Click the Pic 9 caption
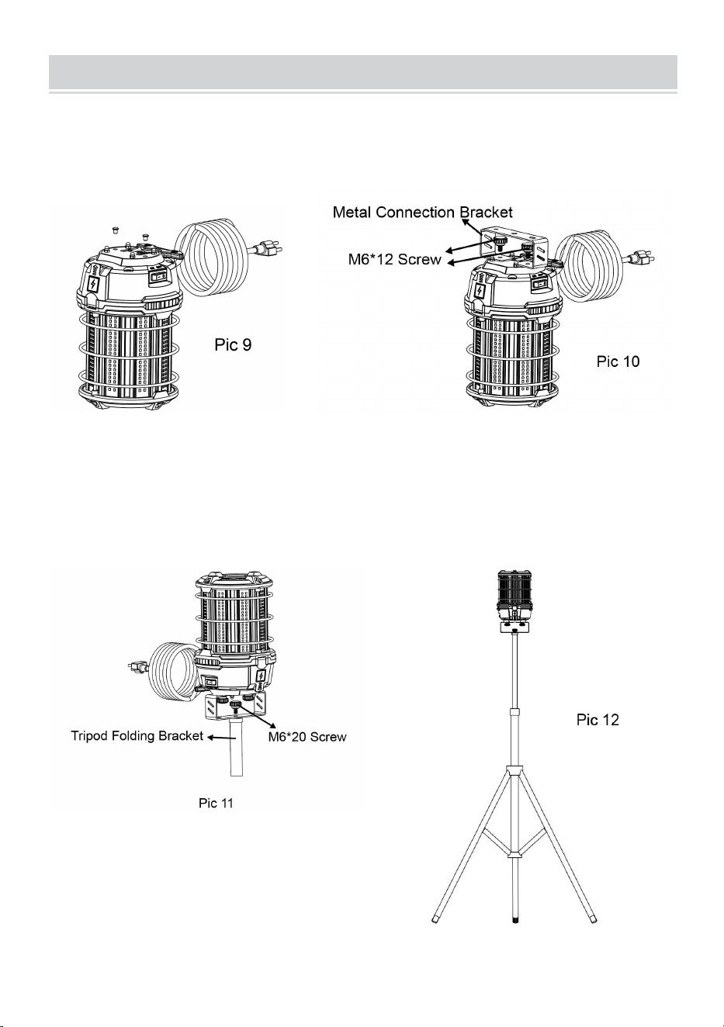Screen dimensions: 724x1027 (233, 344)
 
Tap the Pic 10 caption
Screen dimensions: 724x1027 (618, 361)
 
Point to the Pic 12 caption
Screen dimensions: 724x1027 (598, 719)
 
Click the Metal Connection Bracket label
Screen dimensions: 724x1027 (423, 213)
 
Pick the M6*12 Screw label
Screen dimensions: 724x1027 (394, 260)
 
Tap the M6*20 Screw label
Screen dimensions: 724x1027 (307, 737)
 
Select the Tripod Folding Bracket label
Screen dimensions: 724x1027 (137, 735)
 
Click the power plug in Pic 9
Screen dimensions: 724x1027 (265, 248)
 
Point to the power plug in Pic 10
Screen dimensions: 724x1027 (643, 258)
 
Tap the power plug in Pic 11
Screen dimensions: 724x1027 (139, 666)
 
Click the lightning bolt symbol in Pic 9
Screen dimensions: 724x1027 (94, 285)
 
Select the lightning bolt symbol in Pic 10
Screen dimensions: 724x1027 (480, 291)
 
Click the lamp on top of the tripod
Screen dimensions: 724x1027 (515, 600)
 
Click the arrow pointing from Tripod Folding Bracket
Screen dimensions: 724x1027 (220, 738)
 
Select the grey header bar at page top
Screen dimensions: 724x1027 (363, 72)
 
